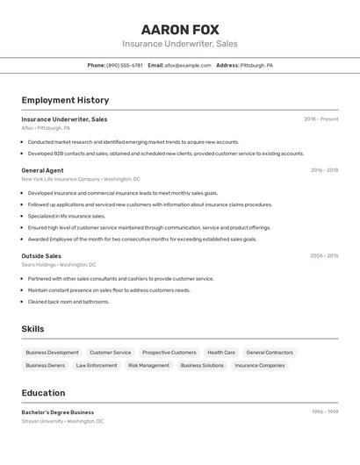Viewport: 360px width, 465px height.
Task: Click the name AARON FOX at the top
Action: click(180, 30)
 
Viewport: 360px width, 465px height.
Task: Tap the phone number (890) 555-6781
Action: click(125, 65)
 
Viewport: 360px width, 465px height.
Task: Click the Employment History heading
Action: click(65, 100)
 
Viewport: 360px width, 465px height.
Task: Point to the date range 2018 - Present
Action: click(321, 119)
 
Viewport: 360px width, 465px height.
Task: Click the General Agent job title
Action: click(42, 170)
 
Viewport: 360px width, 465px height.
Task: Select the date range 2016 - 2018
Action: click(324, 170)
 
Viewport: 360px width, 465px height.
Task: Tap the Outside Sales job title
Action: click(41, 256)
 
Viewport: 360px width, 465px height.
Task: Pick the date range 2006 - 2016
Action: click(324, 256)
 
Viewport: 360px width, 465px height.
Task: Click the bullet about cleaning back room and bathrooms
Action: click(68, 302)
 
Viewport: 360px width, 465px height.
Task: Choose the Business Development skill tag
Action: click(52, 353)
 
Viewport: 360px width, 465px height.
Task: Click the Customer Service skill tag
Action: click(111, 353)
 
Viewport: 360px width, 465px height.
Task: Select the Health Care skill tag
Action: click(221, 353)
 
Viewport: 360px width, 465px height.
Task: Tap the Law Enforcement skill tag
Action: click(97, 366)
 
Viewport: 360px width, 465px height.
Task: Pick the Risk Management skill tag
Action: click(148, 366)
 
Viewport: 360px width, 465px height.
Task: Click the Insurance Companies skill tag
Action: click(260, 366)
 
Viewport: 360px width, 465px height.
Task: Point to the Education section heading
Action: click(43, 393)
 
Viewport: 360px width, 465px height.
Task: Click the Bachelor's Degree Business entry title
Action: click(58, 412)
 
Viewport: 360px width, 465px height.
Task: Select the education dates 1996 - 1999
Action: click(325, 412)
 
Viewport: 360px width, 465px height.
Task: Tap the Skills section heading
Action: click(32, 329)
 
